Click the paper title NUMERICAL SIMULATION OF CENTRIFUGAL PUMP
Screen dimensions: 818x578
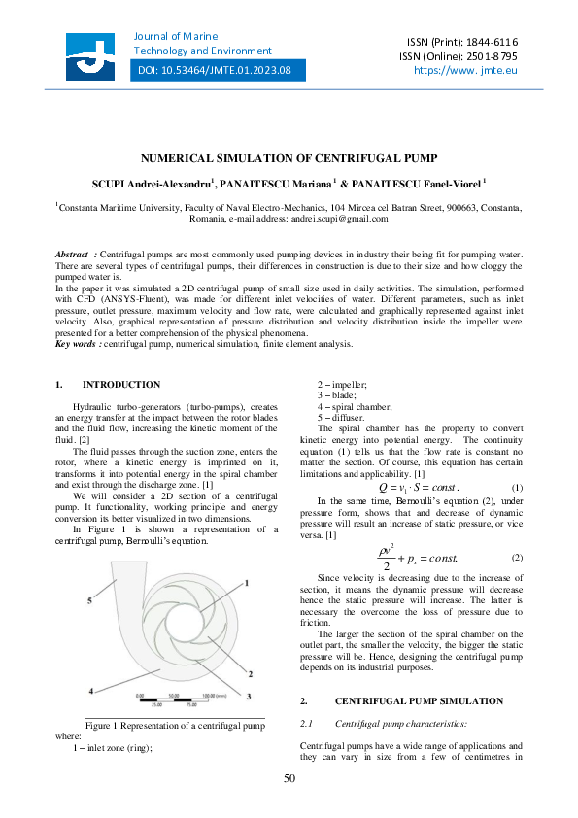289,157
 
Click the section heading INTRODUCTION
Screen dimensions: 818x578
121,385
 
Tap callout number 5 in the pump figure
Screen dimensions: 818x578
89,601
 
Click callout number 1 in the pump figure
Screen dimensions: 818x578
247,583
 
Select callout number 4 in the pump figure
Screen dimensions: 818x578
91,664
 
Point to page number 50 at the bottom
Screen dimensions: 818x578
289,778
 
